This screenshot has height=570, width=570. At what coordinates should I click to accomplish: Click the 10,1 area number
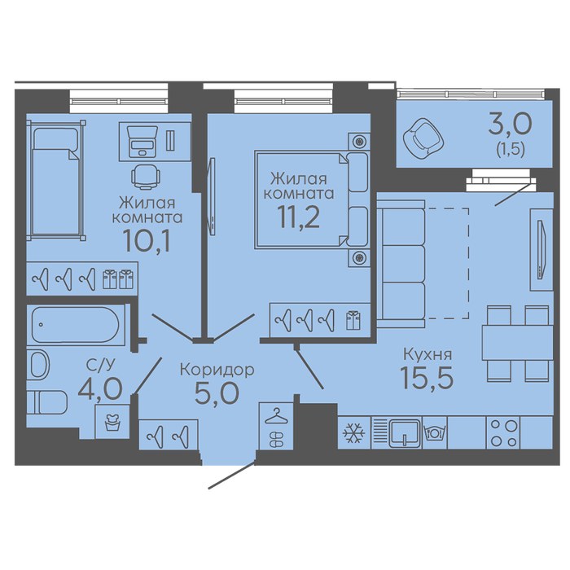click(147, 241)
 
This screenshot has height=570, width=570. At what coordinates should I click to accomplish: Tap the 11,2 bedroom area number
click(299, 217)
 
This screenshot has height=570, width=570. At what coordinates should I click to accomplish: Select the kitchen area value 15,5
click(427, 377)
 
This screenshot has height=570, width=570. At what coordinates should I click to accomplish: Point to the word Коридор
click(217, 370)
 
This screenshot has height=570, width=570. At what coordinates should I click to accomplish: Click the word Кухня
click(427, 353)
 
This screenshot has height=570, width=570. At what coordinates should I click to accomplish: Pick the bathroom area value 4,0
click(100, 388)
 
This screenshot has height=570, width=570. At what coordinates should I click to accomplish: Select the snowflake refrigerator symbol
click(353, 432)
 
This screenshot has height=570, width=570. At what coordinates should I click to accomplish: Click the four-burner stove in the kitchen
click(503, 432)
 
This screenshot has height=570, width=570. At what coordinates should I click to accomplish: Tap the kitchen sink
click(404, 432)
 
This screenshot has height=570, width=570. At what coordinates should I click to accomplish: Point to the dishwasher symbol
click(434, 432)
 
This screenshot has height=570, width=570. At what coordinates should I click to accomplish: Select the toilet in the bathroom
click(47, 402)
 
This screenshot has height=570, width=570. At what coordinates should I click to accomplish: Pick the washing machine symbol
click(112, 422)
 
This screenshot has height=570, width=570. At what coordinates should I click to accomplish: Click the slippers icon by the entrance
click(276, 439)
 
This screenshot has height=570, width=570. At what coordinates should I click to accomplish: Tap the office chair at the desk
click(146, 177)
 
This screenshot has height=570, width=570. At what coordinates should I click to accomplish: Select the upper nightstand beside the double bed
click(359, 141)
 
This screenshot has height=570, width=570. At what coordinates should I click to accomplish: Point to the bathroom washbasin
click(38, 365)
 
